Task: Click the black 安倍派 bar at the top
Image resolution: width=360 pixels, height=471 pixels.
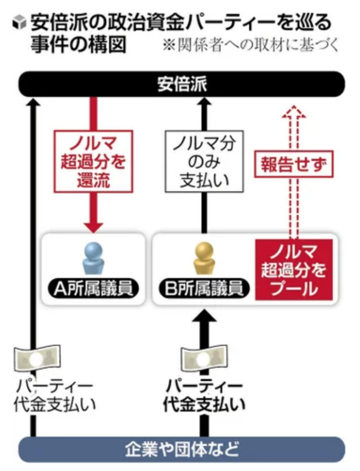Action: [182, 84]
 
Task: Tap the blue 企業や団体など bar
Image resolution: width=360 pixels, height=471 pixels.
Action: [182, 449]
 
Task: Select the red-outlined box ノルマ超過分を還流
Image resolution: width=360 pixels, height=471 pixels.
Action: [93, 162]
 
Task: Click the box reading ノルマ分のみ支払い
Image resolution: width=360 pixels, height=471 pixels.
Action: [204, 162]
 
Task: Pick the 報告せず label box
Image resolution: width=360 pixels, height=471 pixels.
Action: [294, 164]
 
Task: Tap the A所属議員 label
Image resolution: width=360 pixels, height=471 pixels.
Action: [93, 288]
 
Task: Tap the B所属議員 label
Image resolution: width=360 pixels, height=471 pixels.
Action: [204, 288]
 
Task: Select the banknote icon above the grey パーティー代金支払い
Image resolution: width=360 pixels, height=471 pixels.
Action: [37, 359]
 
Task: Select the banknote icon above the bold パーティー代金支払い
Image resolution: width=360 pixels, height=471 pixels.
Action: [204, 359]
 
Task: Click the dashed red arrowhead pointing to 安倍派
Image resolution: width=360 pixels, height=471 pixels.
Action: [294, 112]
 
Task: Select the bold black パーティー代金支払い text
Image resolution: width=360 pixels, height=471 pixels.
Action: [204, 396]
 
